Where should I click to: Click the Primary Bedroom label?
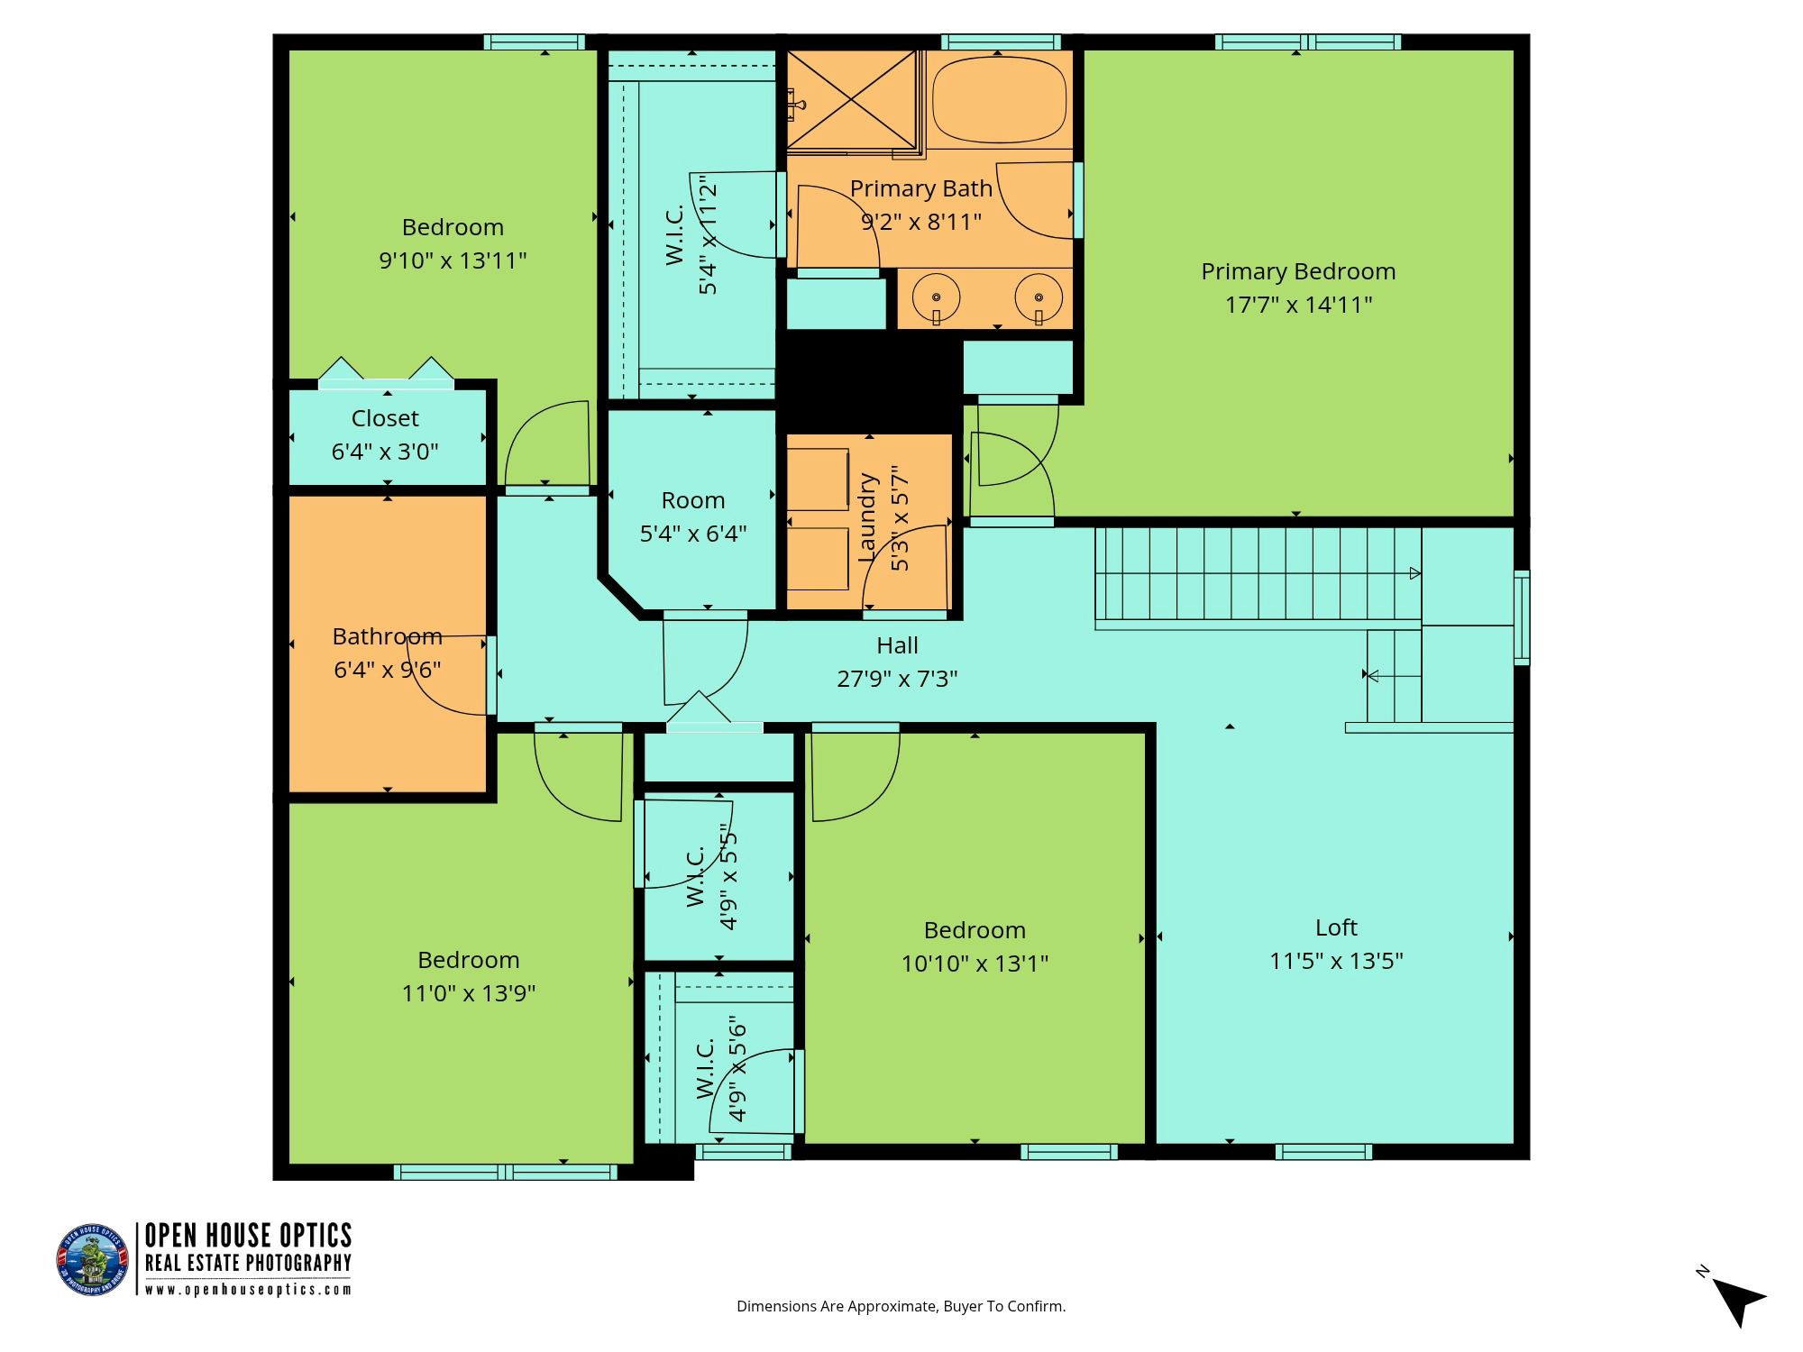(1298, 271)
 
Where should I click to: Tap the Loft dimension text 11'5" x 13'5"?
(1336, 961)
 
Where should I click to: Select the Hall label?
(897, 645)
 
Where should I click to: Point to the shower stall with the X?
(852, 99)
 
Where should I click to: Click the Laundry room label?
(867, 519)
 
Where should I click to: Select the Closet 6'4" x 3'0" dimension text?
(385, 452)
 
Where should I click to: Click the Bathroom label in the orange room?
(387, 636)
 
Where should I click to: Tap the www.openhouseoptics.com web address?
(248, 1290)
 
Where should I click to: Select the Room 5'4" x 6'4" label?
(693, 516)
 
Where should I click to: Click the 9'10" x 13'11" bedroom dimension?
(453, 260)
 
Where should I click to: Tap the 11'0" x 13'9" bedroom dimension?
(469, 993)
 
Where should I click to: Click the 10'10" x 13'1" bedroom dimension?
(975, 964)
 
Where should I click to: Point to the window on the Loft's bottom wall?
(1323, 1151)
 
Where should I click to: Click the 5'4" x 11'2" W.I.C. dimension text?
(709, 233)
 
